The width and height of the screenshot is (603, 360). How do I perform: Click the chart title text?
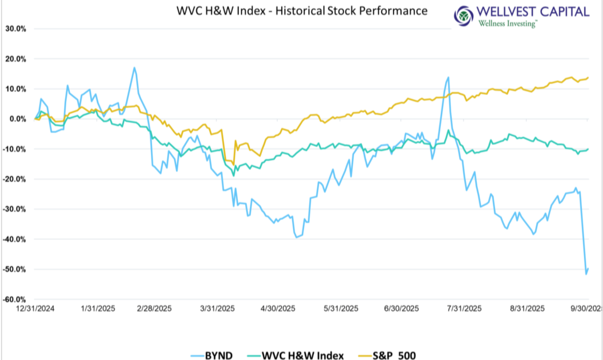pos(302,11)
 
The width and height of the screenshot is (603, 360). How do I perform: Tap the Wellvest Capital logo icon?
pos(463,16)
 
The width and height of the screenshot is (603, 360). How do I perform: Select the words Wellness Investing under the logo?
pos(507,24)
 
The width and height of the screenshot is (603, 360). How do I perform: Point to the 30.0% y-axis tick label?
pos(16,29)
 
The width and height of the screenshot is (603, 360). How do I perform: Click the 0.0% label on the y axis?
pos(18,119)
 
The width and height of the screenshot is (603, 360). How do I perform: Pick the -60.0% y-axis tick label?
pos(15,300)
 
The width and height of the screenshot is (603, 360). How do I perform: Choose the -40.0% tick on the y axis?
pos(15,240)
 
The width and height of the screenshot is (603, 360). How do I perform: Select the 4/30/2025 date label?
pos(279,309)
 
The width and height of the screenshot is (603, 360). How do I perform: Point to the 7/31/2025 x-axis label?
pos(466,309)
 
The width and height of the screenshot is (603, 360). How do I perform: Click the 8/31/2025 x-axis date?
pos(529,309)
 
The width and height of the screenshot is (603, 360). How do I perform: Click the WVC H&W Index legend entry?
pos(302,355)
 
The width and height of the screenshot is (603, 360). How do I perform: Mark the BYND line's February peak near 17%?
pos(134,67)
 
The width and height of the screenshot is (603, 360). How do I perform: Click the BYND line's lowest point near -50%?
pos(586,274)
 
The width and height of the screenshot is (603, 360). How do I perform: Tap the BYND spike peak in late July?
pos(448,78)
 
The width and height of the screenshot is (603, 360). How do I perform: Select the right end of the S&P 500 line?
pos(588,78)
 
